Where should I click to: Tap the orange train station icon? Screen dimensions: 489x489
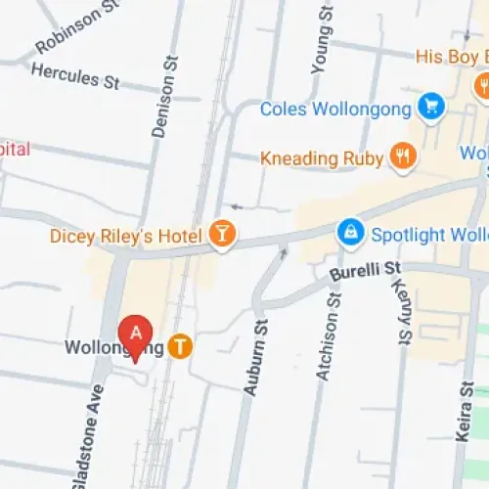tap(179, 346)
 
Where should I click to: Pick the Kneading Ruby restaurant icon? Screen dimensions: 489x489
tap(401, 156)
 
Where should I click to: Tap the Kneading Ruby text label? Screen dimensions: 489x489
tap(322, 156)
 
